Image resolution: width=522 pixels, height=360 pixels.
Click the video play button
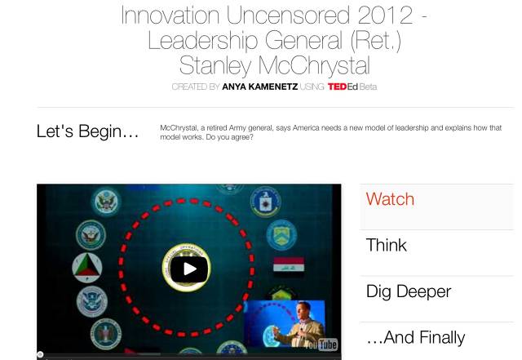(x=189, y=269)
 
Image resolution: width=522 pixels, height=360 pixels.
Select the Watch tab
(x=390, y=199)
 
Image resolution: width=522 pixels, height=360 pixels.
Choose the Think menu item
(x=386, y=246)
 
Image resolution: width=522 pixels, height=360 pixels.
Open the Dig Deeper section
(x=409, y=291)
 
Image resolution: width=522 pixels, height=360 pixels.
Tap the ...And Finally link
(x=415, y=337)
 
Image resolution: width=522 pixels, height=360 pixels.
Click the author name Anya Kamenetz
(x=259, y=87)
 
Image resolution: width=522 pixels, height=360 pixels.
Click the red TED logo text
(x=337, y=87)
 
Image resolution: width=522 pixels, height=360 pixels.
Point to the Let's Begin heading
(x=87, y=131)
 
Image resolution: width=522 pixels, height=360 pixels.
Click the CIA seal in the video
(x=265, y=202)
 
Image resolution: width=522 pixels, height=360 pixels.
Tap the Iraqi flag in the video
(x=289, y=264)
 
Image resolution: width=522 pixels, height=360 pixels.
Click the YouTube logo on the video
(x=321, y=344)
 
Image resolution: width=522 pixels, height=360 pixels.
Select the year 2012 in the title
(x=385, y=15)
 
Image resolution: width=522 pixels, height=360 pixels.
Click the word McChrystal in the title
(x=314, y=65)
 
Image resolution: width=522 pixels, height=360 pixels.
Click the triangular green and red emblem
(x=87, y=268)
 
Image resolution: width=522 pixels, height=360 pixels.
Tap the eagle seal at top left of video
(x=106, y=202)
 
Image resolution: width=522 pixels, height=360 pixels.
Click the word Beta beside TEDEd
(x=368, y=87)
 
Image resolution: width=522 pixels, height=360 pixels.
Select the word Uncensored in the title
(x=288, y=15)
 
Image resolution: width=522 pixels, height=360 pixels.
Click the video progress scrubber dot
(x=40, y=354)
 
